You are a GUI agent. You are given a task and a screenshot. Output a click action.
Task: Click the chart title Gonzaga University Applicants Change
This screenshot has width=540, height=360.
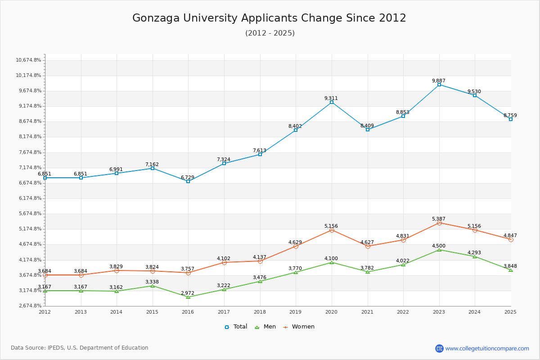click(269, 18)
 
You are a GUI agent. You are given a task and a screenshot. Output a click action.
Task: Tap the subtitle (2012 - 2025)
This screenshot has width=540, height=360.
click(270, 33)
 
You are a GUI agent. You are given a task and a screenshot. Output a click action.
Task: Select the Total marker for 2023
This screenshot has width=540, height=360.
click(439, 85)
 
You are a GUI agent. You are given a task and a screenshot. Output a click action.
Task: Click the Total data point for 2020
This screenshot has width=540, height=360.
click(332, 102)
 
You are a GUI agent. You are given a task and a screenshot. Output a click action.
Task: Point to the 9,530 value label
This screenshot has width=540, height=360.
click(474, 91)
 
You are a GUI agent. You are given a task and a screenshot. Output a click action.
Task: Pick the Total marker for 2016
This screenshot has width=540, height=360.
click(188, 181)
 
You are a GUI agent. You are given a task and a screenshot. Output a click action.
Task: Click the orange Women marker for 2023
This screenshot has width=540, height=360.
click(439, 223)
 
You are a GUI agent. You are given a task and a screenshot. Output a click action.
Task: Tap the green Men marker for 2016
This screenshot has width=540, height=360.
click(188, 297)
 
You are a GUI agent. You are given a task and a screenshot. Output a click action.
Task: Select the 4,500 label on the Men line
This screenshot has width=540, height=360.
click(439, 246)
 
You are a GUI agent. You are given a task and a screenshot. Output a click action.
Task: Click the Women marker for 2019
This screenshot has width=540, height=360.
click(296, 246)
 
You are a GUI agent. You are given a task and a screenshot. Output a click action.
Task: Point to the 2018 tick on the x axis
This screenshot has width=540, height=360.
click(260, 311)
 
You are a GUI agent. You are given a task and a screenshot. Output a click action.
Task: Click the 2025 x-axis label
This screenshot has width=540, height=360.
click(510, 311)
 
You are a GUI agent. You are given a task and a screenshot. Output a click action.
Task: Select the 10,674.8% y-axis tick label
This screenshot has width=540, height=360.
click(29, 60)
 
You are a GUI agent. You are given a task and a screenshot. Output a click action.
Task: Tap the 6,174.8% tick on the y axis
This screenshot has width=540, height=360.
click(29, 198)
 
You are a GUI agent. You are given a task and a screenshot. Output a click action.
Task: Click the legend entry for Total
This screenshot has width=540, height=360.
click(236, 327)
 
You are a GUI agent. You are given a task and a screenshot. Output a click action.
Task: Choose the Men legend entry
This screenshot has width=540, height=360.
click(266, 327)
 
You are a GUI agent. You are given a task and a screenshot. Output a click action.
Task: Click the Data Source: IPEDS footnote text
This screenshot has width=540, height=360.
click(80, 348)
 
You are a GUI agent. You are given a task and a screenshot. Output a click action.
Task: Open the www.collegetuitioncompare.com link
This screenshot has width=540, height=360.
click(487, 348)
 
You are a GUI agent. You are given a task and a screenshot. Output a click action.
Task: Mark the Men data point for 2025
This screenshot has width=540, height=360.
click(511, 270)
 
